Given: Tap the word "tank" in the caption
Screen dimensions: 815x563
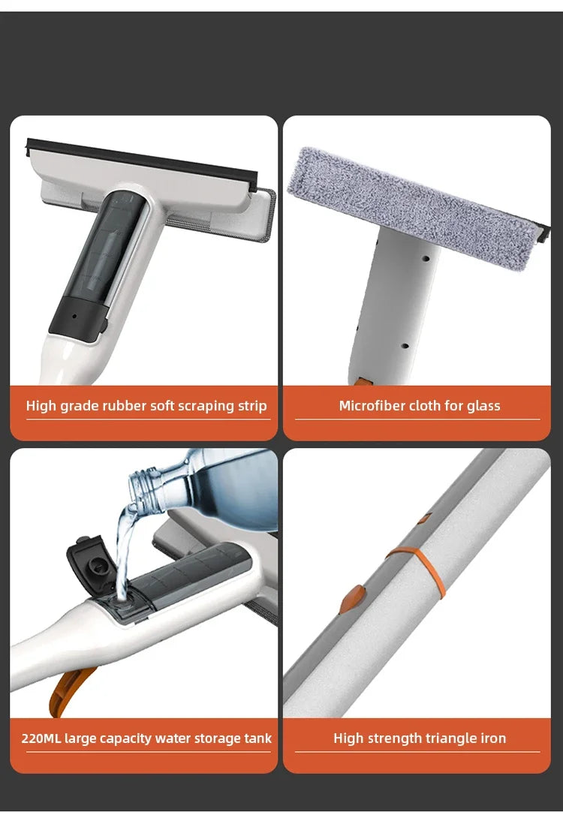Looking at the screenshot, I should tap(257, 738).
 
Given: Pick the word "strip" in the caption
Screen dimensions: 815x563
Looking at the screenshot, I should tap(250, 406).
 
